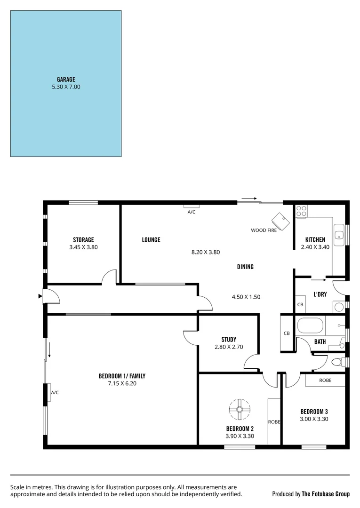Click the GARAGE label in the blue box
(66, 79)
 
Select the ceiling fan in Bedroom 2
(240, 410)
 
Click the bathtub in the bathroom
(310, 325)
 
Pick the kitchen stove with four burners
(302, 211)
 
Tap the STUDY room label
(229, 340)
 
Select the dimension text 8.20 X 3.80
(206, 252)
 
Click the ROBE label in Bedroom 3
(325, 380)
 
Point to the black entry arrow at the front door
(40, 296)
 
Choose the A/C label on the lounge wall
(192, 212)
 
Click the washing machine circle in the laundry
(338, 307)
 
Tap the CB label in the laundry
(300, 305)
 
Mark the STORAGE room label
(83, 239)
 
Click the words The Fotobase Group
(326, 494)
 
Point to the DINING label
(245, 267)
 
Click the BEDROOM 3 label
(314, 412)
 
